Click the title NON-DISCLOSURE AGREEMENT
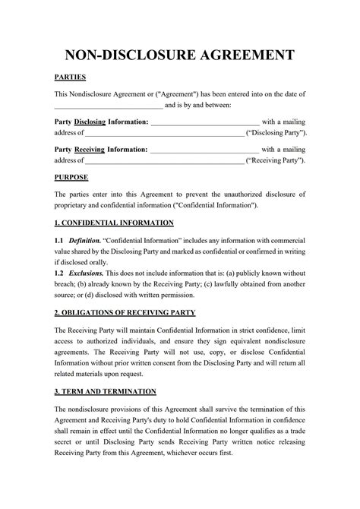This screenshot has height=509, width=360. (x=180, y=55)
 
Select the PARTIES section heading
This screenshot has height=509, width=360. (x=70, y=77)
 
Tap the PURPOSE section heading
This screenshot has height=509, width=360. (x=71, y=177)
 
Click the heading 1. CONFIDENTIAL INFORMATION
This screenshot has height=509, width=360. (x=114, y=223)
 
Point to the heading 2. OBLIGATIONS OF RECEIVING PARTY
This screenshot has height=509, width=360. (x=125, y=313)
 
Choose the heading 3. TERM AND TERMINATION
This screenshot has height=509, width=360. (x=106, y=391)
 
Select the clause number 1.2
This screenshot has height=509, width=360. (x=58, y=272)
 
